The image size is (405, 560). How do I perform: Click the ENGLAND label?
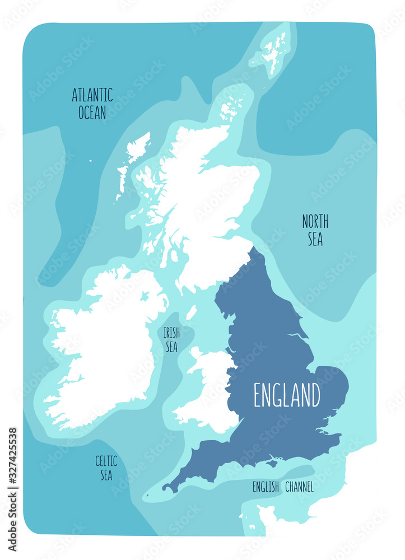click(x=287, y=395)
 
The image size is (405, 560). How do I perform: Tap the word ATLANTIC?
click(x=92, y=95)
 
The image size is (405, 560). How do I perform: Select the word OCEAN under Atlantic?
click(x=92, y=113)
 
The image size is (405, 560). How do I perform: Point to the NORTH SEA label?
click(x=315, y=230)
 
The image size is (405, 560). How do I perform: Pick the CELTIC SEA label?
click(x=106, y=468)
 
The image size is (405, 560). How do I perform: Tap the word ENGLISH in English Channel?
click(x=266, y=487)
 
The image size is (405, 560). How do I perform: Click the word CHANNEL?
click(x=299, y=487)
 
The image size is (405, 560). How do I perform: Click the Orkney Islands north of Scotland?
click(x=231, y=109)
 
